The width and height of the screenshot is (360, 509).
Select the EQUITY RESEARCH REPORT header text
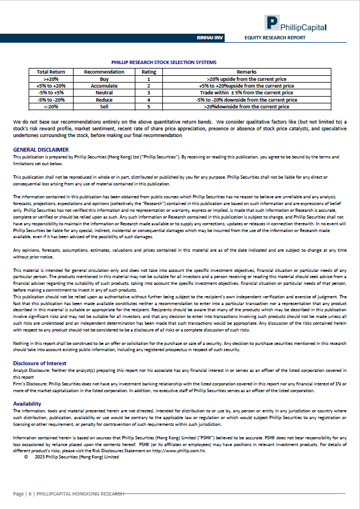coord(275,38)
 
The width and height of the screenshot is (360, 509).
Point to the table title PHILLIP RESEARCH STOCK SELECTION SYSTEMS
coord(164,62)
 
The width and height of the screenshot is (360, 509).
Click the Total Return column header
coord(51,72)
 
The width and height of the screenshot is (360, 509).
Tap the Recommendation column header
coord(104,72)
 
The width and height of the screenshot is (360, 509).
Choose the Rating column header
coord(149,72)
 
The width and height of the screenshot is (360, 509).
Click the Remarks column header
coord(247,72)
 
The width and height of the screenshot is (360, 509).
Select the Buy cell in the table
coord(104,79)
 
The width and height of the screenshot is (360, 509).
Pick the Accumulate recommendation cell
coord(104,86)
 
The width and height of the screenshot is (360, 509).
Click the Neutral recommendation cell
coord(104,93)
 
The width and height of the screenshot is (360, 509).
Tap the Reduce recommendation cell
coord(104,99)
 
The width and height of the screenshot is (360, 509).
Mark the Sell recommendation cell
coord(104,106)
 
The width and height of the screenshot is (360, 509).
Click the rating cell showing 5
coord(149,106)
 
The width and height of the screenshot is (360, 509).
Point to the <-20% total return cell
coord(51,106)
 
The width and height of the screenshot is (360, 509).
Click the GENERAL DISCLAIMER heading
coord(41,149)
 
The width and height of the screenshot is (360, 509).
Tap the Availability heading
coord(27,403)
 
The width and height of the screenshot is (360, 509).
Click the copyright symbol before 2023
coord(26,457)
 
